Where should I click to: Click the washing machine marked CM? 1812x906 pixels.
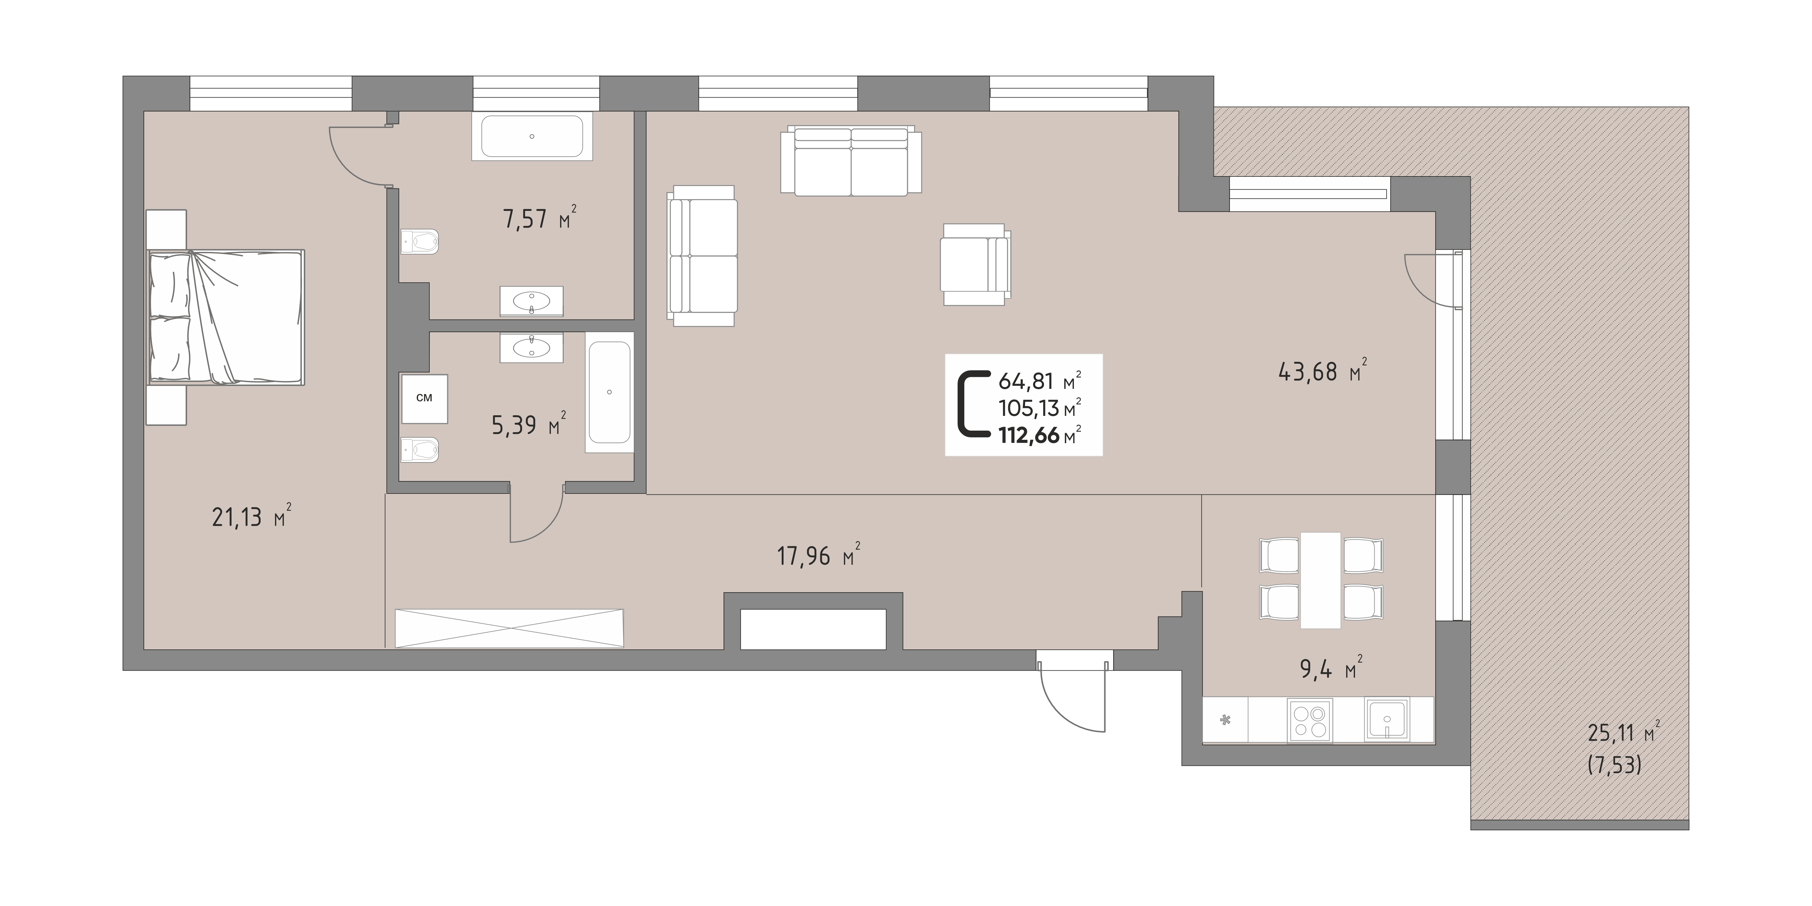[x=424, y=398]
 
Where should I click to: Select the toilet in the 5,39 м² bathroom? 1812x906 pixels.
[x=420, y=449]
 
